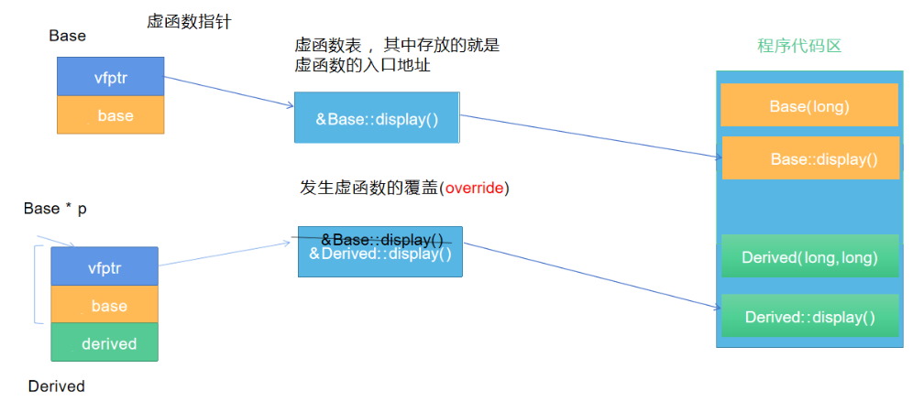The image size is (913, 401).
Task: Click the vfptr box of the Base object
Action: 110,77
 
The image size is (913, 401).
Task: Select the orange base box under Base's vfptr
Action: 110,115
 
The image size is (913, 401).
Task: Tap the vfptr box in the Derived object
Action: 104,267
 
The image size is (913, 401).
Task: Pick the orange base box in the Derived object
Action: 104,306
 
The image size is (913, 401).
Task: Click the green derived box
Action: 104,343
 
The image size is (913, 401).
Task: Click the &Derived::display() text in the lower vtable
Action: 380,254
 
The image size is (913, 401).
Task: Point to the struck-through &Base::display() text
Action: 381,239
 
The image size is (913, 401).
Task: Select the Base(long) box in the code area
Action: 809,106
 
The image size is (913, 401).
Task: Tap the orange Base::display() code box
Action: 810,158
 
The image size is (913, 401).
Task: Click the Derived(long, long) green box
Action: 809,257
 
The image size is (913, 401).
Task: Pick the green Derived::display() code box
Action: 809,317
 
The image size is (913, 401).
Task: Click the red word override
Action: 474,189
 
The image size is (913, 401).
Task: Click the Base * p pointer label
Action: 55,210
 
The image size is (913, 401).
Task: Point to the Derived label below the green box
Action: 56,386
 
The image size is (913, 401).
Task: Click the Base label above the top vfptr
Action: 67,36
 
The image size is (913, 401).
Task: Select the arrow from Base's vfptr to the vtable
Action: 229,92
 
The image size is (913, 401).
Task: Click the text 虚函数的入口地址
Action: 363,66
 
